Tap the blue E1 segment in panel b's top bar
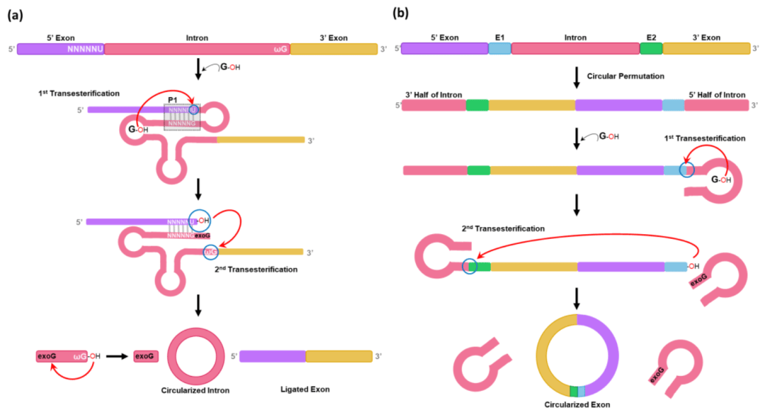pos(499,48)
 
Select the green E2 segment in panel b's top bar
pos(650,48)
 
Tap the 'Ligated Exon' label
pos(305,389)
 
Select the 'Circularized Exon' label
pos(577,404)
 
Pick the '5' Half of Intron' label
pos(716,95)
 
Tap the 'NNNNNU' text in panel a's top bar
pos(85,49)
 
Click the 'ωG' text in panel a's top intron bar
pos(278,49)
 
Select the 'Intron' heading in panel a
pos(197,37)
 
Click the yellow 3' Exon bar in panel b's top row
pos(706,48)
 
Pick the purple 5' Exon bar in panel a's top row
pos(60,49)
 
